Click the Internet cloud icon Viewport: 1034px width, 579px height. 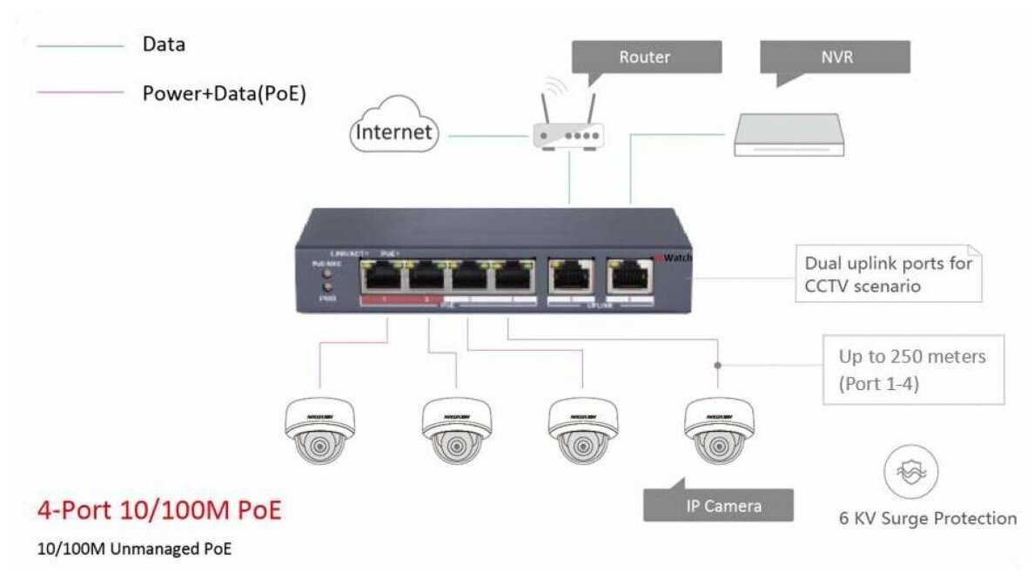point(393,131)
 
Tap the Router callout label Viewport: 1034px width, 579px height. point(646,57)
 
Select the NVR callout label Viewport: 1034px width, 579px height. point(835,57)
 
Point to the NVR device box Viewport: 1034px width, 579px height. point(789,136)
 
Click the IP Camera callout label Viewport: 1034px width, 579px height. point(719,505)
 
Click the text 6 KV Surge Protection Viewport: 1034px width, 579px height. point(928,519)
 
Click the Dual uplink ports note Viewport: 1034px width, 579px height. point(887,273)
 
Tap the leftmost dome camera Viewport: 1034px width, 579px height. point(320,430)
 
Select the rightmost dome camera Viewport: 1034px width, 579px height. point(718,430)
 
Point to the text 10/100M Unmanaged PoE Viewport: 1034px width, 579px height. point(135,549)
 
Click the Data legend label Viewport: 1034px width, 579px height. point(164,44)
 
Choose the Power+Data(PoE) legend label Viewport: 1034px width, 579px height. point(225,93)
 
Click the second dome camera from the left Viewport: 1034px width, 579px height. point(456,430)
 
